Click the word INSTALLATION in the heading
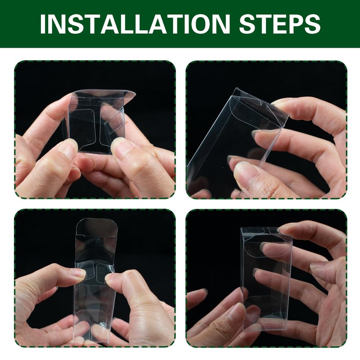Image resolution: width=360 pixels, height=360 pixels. pos(135,24)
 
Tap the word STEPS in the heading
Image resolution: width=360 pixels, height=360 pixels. pos(279,24)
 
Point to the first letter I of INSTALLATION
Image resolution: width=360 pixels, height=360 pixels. pos(43,24)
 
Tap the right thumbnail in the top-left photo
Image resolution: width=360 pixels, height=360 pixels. pos(121,146)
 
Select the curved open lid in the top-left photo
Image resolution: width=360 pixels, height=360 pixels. pos(104,96)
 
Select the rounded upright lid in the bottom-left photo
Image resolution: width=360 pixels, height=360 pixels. pos(97,227)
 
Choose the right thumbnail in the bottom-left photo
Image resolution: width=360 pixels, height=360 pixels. pos(111,277)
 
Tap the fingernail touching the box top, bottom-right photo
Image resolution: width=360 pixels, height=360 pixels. pos(282,229)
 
